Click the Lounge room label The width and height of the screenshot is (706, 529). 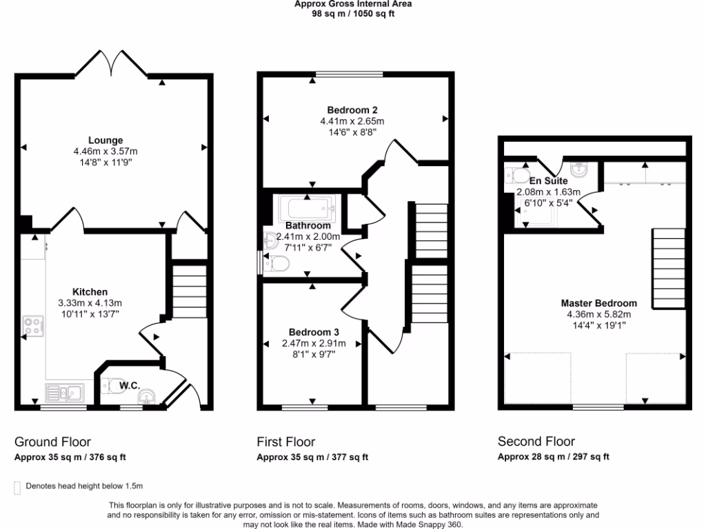click(105, 141)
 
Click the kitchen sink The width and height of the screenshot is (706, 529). click(63, 393)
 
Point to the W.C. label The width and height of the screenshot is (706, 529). click(130, 386)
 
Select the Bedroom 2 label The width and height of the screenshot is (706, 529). click(352, 110)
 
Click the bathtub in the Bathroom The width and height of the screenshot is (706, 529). click(305, 207)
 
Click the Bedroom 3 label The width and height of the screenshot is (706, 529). click(314, 331)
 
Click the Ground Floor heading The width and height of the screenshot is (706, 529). click(52, 442)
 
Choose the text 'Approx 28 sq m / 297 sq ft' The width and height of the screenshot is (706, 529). click(553, 457)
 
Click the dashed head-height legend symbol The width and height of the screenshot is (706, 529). click(17, 487)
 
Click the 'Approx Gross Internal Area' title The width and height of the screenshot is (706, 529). click(353, 3)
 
